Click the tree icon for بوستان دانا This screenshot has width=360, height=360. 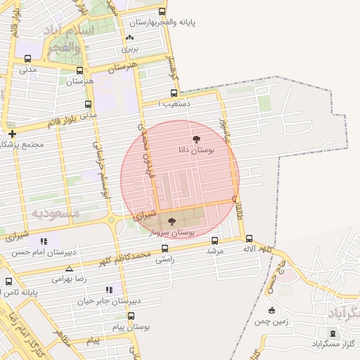195,139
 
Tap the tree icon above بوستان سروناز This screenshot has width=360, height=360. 172,221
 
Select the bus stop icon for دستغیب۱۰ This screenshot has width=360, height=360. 174,93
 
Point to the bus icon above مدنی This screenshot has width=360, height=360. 28,58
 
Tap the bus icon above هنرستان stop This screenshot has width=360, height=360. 79,70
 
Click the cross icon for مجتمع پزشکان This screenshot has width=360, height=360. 11,134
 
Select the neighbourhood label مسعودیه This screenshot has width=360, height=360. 55,212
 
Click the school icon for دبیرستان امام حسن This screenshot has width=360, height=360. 45,241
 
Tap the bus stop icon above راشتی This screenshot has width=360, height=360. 165,248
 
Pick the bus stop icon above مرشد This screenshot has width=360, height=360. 214,239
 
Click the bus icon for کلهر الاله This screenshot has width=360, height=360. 250,239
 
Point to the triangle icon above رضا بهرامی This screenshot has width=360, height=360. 69,269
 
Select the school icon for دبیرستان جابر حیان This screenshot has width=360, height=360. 108,289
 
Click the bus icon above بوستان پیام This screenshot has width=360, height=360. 131,316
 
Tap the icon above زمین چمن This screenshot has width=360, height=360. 272,310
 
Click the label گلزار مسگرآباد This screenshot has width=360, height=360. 333,344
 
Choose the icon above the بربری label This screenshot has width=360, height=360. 129,38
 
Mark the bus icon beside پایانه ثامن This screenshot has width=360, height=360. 8,282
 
